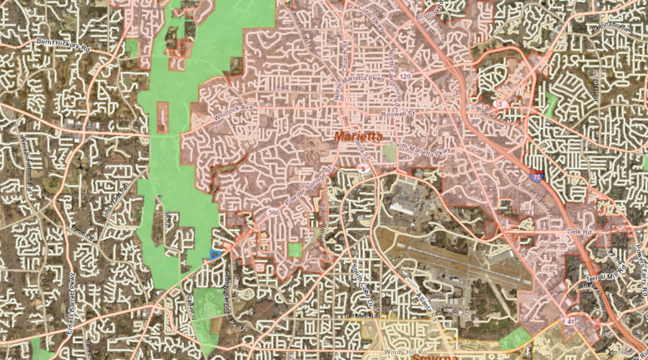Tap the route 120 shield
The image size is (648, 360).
point(406,76)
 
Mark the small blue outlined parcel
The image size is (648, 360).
point(214,253)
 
